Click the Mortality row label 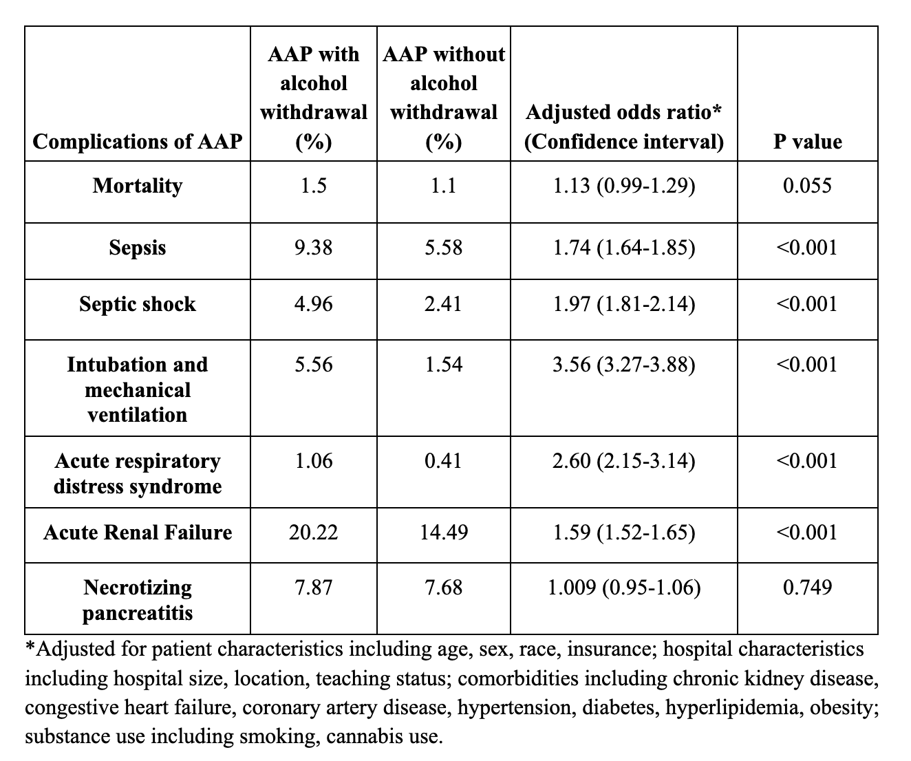138,186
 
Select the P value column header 808,142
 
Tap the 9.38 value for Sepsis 313,248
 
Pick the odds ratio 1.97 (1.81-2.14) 624,304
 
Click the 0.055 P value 808,186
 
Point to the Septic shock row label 138,304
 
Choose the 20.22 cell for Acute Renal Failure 313,533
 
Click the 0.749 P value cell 808,588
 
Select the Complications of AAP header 138,142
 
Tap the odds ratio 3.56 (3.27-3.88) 624,365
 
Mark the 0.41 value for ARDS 443,461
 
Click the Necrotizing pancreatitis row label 138,600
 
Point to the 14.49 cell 443,533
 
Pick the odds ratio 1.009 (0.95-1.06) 624,588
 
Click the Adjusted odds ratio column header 624,127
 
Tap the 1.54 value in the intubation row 443,365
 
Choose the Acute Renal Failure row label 138,533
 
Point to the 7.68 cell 443,588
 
